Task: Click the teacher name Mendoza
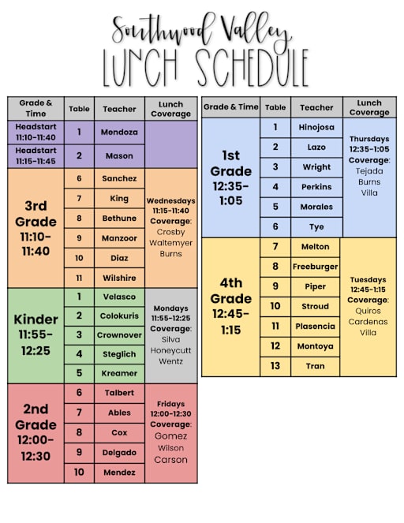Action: [x=119, y=133]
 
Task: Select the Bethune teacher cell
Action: [x=119, y=219]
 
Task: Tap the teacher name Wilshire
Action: [x=119, y=278]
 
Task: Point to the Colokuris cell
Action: [x=119, y=316]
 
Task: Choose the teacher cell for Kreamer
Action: [x=119, y=373]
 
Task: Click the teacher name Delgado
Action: [x=119, y=453]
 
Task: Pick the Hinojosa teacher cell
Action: [x=316, y=127]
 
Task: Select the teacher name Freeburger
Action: [x=316, y=267]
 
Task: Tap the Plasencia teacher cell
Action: [x=316, y=326]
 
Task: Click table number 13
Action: [x=275, y=366]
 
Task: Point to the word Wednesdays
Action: [x=171, y=201]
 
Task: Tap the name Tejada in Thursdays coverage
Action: [x=369, y=170]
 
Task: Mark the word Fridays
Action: [x=171, y=403]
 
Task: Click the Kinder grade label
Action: [x=36, y=319]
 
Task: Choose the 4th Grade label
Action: [x=230, y=300]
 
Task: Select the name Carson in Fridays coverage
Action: [x=171, y=460]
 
